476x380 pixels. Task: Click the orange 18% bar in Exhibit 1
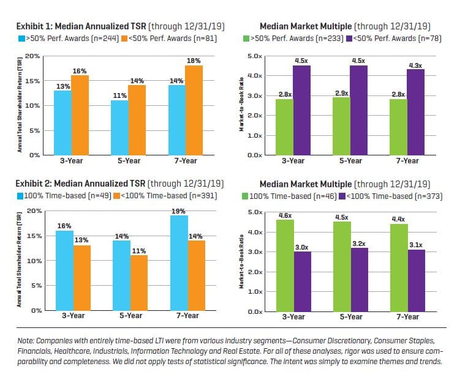194,110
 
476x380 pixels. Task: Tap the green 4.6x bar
285,266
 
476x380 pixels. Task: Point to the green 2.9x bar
341,126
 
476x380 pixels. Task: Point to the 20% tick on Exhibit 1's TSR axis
32,56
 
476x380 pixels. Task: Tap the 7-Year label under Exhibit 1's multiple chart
407,160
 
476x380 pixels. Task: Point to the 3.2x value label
360,244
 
